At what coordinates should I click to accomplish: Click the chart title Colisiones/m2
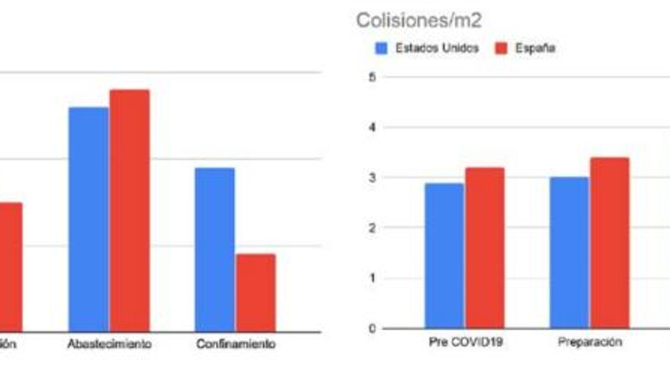[x=419, y=21]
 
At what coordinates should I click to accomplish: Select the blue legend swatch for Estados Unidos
[x=381, y=48]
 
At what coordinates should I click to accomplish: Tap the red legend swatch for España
[x=501, y=48]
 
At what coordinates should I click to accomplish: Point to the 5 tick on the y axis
[x=372, y=77]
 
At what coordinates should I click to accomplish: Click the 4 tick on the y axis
[x=372, y=127]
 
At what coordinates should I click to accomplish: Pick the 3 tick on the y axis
[x=372, y=178]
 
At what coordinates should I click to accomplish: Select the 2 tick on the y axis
[x=372, y=228]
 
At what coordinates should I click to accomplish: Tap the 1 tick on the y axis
[x=372, y=278]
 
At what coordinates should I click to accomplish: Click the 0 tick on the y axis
[x=372, y=329]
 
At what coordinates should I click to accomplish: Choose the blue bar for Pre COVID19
[x=444, y=256]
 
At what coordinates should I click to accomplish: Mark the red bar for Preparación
[x=610, y=243]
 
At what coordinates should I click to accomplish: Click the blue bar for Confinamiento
[x=214, y=250]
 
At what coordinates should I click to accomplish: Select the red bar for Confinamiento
[x=255, y=293]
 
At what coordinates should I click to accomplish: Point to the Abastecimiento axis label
[x=109, y=344]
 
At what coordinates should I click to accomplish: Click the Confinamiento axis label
[x=236, y=344]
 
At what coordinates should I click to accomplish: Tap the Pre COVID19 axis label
[x=466, y=342]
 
